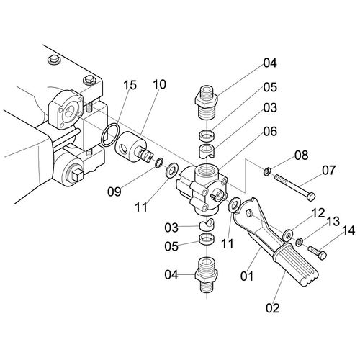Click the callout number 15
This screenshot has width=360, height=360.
(130, 85)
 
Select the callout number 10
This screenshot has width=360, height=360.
(159, 84)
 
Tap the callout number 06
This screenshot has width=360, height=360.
(270, 132)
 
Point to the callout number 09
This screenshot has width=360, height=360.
(114, 192)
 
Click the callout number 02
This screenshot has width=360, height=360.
(273, 308)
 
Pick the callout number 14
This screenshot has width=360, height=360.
(348, 230)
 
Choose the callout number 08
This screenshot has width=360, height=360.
(302, 156)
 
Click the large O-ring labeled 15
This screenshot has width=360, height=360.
(110, 135)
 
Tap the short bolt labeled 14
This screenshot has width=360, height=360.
(318, 253)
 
